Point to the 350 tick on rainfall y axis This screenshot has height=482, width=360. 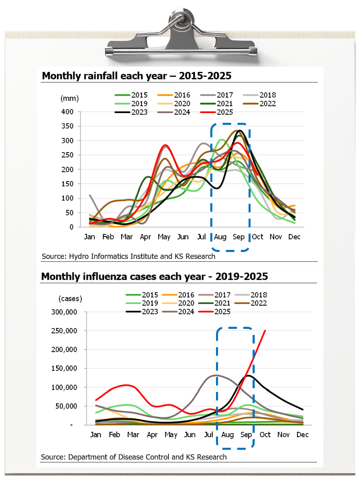pos(67,126)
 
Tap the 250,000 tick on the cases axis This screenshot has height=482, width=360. pos(64,331)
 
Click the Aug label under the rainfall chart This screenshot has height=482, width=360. pos(220,237)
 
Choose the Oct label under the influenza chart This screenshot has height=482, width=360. pos(265,435)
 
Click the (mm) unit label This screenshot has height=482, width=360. pos(70,99)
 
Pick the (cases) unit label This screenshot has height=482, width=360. pos(70,299)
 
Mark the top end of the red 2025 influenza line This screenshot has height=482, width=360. pos(265,331)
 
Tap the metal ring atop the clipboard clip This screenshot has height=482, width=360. pos(181,19)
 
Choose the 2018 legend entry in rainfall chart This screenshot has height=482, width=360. pos(267,95)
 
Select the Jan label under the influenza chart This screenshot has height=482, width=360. pos(95,435)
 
